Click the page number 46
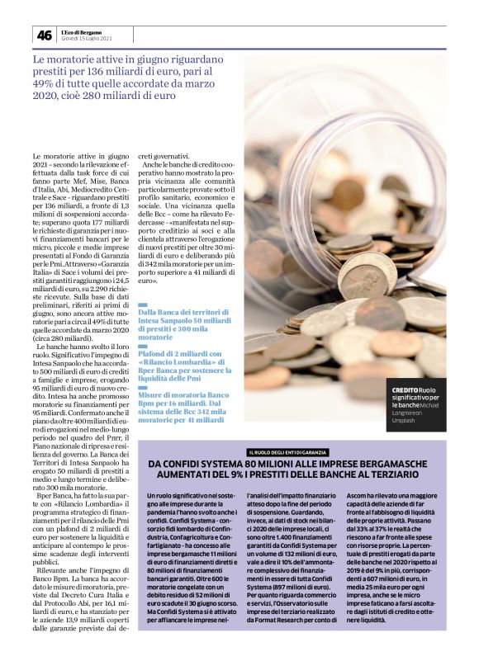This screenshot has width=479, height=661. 44,35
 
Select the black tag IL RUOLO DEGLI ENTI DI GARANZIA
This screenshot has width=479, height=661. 287,452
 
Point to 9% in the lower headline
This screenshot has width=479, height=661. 246,475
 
